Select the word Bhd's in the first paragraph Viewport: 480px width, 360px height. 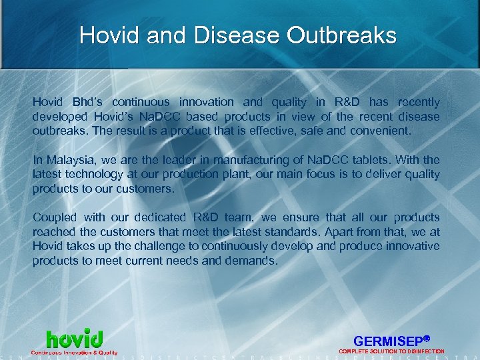tap(86, 102)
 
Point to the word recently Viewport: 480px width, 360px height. tap(419, 102)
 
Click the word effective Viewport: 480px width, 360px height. tap(272, 131)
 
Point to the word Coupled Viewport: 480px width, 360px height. tap(54, 217)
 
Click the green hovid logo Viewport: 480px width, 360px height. tap(74, 338)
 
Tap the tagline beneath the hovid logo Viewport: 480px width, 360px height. tap(74, 352)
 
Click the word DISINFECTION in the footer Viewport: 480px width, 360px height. tap(422, 351)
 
